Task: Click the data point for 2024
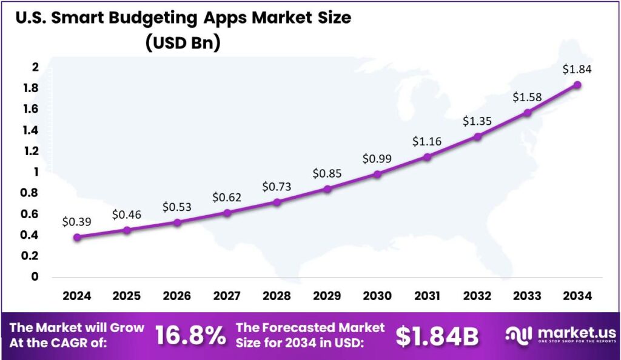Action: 77,237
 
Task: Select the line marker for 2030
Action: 377,174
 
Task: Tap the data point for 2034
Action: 577,85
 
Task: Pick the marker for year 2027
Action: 227,213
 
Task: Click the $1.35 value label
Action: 477,121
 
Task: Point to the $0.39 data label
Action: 77,222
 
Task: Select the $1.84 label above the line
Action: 577,70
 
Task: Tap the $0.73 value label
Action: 277,187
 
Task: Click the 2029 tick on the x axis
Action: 327,296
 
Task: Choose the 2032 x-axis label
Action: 477,296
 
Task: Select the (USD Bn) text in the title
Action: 183,43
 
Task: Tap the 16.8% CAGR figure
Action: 190,336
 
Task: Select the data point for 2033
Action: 528,113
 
